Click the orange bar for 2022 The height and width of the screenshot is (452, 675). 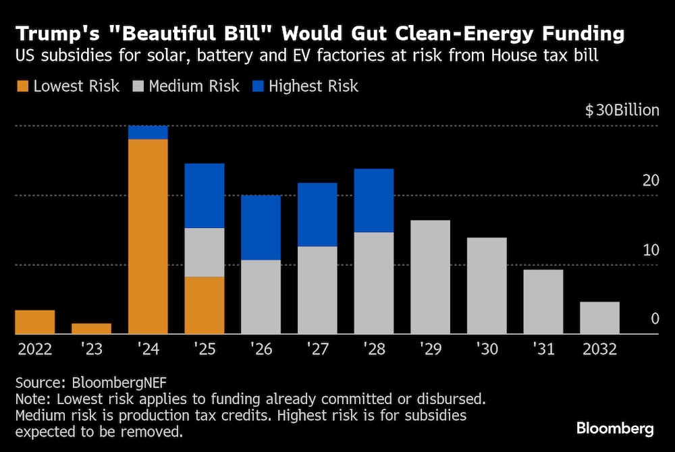tap(34, 322)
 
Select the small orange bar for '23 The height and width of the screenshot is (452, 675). tap(91, 329)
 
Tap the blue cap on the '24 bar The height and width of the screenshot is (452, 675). tap(148, 132)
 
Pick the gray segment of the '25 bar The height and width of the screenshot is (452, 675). tap(205, 252)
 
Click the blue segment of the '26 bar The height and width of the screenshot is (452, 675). tap(261, 227)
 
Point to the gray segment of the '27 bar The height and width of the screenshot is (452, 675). tap(317, 290)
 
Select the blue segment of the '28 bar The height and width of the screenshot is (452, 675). tap(374, 200)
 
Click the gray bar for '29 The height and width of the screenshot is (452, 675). tap(430, 277)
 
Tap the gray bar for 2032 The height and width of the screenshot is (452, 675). tap(600, 318)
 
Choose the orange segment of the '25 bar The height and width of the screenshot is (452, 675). tap(205, 305)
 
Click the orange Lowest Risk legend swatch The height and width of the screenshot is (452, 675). tap(22, 86)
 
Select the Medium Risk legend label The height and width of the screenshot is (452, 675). tap(194, 86)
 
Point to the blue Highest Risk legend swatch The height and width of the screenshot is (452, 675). tap(257, 86)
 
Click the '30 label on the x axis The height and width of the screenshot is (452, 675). tap(486, 351)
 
